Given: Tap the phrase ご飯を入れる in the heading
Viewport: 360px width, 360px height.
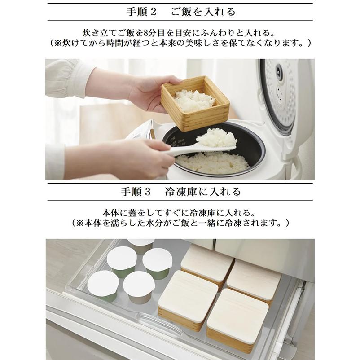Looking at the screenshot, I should (203, 12).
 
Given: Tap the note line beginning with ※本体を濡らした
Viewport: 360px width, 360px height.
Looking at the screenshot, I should (180, 223).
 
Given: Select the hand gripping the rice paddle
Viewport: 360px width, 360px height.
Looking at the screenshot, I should (139, 157).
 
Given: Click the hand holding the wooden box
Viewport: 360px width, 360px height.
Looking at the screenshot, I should (148, 92).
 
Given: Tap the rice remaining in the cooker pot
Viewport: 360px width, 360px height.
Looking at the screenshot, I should (211, 162).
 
